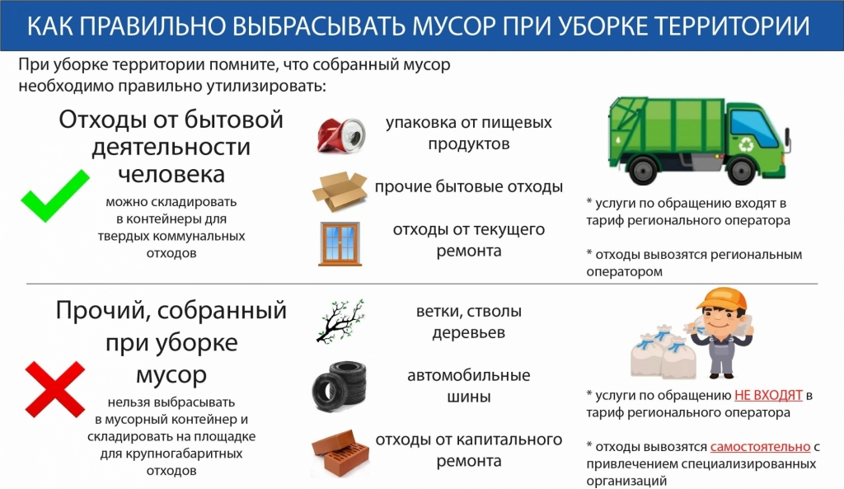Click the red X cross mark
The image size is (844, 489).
tap(55, 389)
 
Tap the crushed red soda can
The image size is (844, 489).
tap(341, 134)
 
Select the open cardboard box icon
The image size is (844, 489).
tap(340, 190)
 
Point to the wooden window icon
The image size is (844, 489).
tap(340, 244)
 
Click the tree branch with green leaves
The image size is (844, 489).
tap(340, 322)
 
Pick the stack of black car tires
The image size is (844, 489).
tap(339, 386)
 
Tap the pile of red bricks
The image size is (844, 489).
tap(340, 454)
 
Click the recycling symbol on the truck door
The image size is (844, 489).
tap(747, 144)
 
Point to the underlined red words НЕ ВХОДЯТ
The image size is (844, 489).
tap(768, 395)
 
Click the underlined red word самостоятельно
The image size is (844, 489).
tap(760, 446)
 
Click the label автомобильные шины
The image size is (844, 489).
tap(469, 386)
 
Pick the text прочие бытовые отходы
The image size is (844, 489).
tap(469, 186)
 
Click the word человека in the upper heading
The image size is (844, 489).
tap(171, 173)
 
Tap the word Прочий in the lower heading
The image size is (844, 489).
tap(101, 311)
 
